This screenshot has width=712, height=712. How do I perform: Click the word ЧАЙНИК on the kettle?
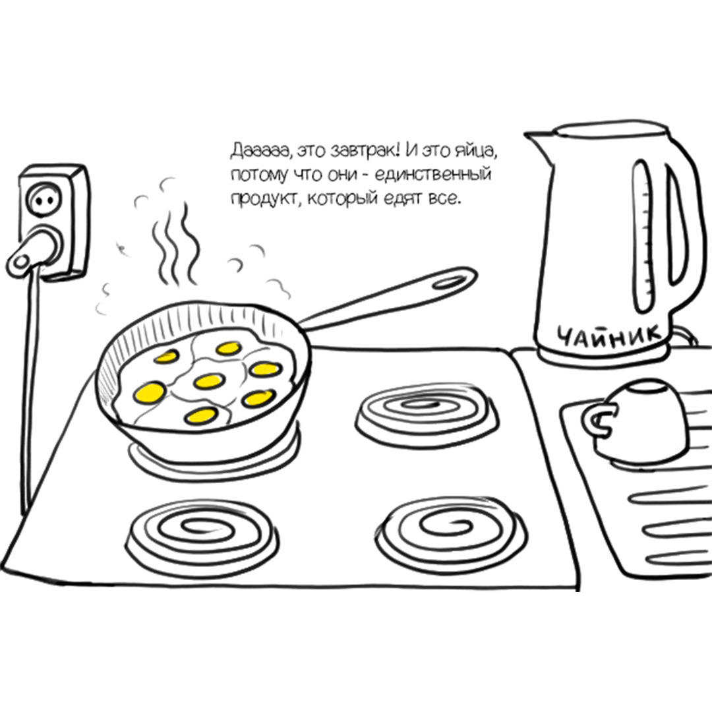609,336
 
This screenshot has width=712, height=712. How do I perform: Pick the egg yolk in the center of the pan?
210,381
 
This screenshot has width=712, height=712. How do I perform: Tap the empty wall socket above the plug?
45,199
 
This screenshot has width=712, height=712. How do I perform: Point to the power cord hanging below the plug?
30,390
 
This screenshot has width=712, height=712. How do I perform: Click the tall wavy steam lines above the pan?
175,243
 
